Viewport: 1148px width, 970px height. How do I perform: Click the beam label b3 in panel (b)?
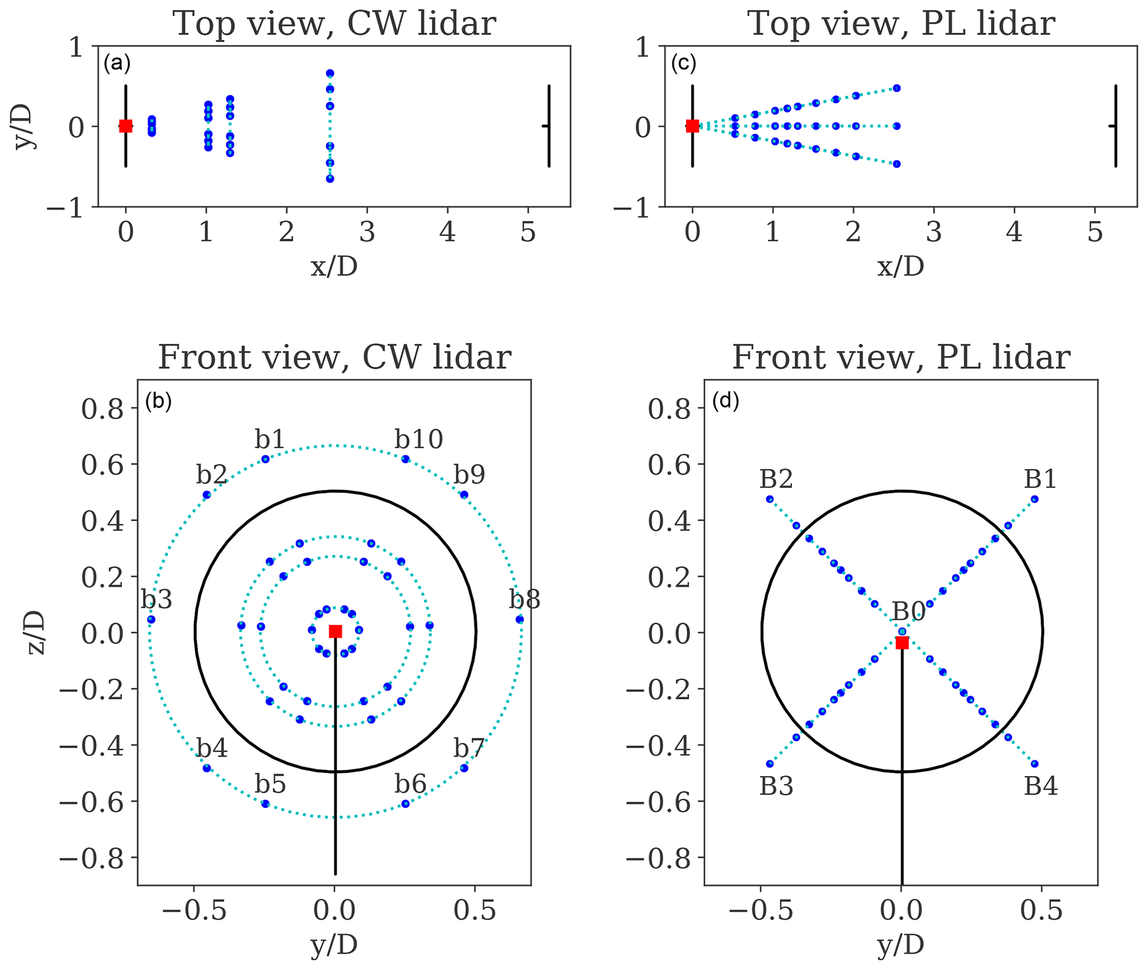(157, 600)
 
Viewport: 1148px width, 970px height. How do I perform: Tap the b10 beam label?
(419, 439)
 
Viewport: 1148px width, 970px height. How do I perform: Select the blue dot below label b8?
(519, 619)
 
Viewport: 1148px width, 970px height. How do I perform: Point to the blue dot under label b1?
(265, 459)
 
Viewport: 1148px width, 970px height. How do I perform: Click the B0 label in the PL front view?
(909, 612)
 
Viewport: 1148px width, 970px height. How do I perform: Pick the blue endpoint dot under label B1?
(1034, 499)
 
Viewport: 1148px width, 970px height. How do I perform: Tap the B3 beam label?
(776, 786)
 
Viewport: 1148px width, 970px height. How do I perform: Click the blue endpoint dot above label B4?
(1034, 764)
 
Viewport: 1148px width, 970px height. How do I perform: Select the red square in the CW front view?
(335, 632)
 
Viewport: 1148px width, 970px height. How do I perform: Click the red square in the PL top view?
(692, 126)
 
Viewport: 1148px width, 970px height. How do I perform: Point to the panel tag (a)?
(117, 63)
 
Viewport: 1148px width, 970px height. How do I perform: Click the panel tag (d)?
(725, 401)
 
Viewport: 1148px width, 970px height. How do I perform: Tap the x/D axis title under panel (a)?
(334, 267)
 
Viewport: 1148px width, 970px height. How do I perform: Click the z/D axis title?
(37, 632)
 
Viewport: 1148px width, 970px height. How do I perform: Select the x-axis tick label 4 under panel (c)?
(1014, 232)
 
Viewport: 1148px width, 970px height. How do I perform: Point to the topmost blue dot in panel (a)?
(330, 73)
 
